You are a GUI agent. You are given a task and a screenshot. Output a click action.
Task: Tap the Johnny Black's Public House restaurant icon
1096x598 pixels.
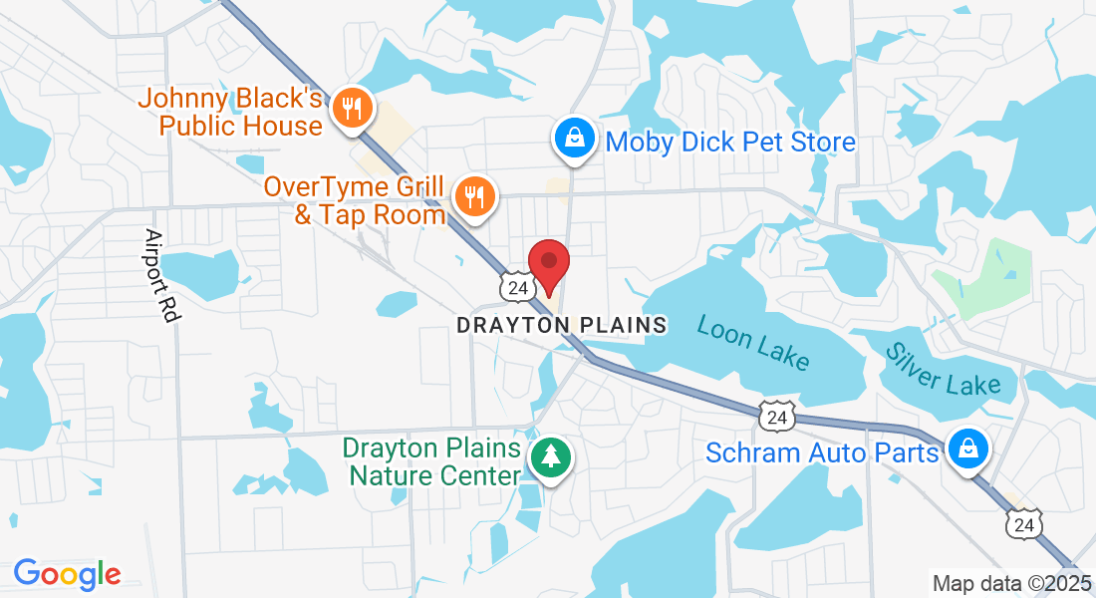tap(351, 108)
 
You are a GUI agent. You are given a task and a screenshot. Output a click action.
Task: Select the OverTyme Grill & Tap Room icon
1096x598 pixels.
tap(475, 195)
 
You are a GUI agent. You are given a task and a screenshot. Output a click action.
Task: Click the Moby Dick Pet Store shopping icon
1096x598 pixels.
tap(575, 140)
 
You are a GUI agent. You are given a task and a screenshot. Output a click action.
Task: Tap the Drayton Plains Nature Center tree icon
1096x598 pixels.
tap(548, 457)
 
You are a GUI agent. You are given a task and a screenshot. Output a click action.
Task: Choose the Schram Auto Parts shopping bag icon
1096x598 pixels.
tap(967, 448)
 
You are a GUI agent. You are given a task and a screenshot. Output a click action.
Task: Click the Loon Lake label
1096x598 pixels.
tap(753, 342)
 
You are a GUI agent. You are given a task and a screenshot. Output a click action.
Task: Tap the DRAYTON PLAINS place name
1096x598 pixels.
tap(561, 325)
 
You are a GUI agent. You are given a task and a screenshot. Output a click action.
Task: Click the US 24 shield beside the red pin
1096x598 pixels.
tap(517, 287)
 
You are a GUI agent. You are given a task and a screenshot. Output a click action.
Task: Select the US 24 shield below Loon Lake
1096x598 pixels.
tap(776, 418)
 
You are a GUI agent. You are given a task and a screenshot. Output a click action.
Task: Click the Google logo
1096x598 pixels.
tap(67, 573)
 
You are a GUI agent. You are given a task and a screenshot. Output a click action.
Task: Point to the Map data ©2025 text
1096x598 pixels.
tap(1010, 583)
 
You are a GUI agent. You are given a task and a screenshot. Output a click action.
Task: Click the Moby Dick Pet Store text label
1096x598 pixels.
tap(730, 142)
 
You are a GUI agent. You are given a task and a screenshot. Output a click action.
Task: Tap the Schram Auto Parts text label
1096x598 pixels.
tap(822, 452)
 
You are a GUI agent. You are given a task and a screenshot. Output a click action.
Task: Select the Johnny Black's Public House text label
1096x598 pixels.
tap(242, 112)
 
